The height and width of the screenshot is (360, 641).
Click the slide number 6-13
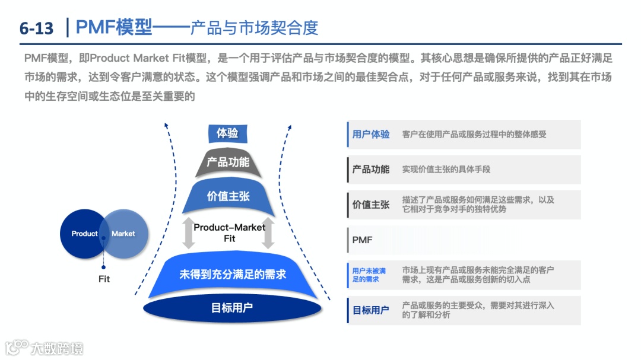point(36,28)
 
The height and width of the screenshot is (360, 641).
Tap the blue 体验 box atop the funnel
point(228,133)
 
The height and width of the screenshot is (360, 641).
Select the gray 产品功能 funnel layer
point(228,163)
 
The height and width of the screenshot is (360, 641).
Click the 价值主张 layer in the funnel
point(228,196)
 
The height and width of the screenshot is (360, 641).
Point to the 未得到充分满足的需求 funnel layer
point(233,275)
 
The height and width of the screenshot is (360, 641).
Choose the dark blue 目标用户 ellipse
point(232,308)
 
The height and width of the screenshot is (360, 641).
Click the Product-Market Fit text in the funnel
point(230,232)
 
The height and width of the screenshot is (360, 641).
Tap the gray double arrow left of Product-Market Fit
point(188,232)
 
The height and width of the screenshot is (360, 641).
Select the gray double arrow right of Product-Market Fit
point(268,232)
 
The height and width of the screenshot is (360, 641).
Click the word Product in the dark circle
point(84,234)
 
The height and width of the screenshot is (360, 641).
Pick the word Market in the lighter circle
point(123,234)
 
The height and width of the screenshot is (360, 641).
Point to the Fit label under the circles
point(104,279)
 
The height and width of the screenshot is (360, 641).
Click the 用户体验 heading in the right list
point(371,135)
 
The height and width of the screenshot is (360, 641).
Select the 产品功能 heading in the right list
point(371,170)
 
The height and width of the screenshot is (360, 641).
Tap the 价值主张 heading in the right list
point(371,205)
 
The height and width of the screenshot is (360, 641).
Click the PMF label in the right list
point(362,240)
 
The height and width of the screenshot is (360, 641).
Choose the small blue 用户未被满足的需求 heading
point(369,275)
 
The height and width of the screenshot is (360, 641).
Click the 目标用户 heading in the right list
point(371,310)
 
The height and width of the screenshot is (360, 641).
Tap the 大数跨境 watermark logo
point(45,348)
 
